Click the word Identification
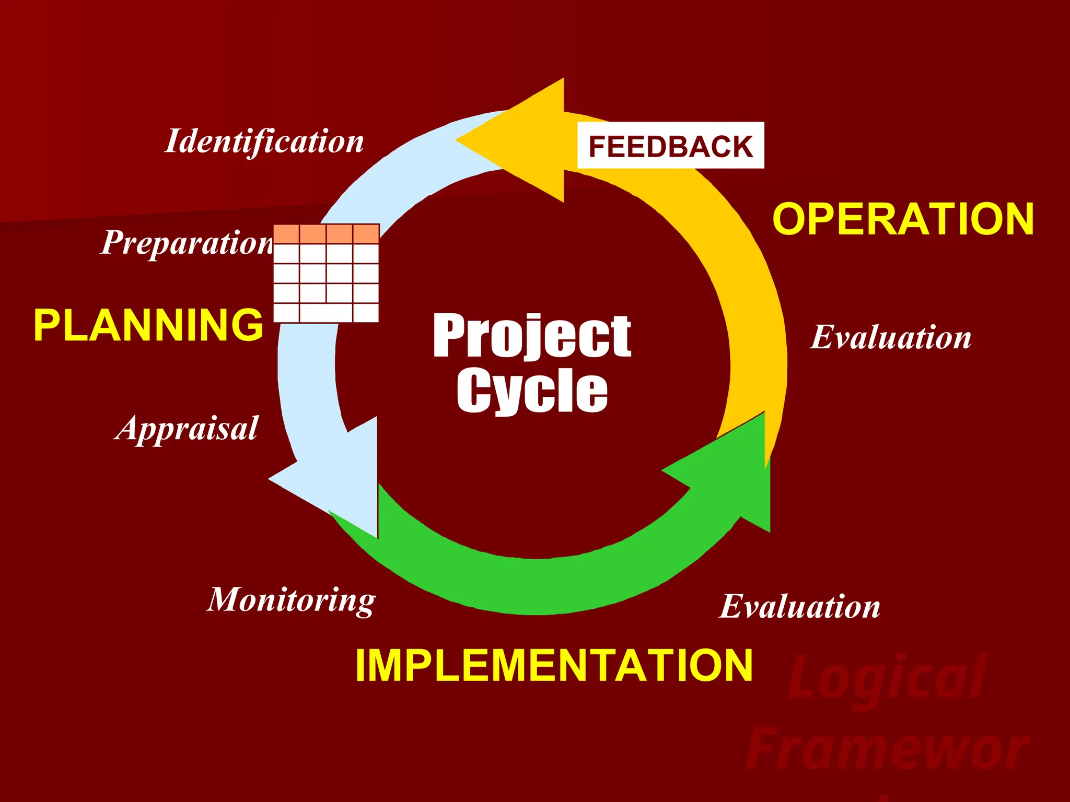click(x=264, y=142)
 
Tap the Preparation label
click(x=187, y=243)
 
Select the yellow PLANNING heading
click(x=148, y=325)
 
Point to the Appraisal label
click(x=187, y=429)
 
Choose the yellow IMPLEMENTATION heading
click(x=554, y=666)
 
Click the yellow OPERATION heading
click(x=903, y=219)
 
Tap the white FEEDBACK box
click(x=670, y=146)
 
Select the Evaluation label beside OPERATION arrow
click(x=890, y=337)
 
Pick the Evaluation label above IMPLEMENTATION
click(x=799, y=607)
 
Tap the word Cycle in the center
click(x=532, y=391)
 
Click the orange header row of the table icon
click(x=327, y=234)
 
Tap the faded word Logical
click(x=887, y=677)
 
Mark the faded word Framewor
click(x=887, y=749)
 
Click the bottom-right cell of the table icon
click(x=366, y=312)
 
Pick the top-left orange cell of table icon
click(x=286, y=234)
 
